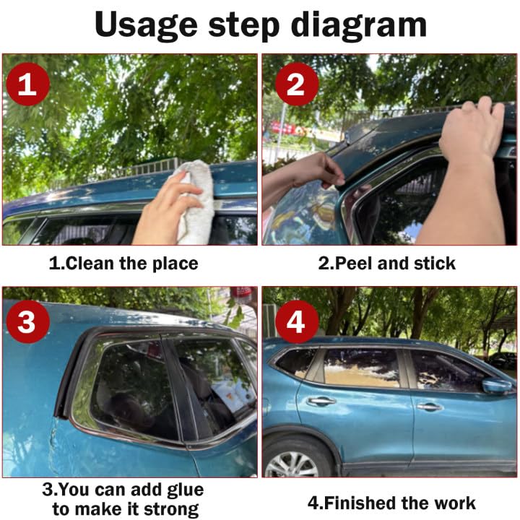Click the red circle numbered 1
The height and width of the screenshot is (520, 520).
[28, 84]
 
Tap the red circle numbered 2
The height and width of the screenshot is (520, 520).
[297, 84]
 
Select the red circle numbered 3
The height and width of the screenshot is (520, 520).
[28, 321]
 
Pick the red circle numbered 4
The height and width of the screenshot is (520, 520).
[297, 321]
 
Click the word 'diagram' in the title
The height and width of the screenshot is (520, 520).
[359, 26]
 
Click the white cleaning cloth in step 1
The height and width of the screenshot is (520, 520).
[195, 202]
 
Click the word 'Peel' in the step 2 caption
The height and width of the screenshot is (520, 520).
[354, 264]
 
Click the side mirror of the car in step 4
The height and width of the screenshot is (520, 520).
[496, 386]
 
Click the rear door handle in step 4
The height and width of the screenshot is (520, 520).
[321, 402]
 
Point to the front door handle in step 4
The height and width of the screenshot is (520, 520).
[430, 406]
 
